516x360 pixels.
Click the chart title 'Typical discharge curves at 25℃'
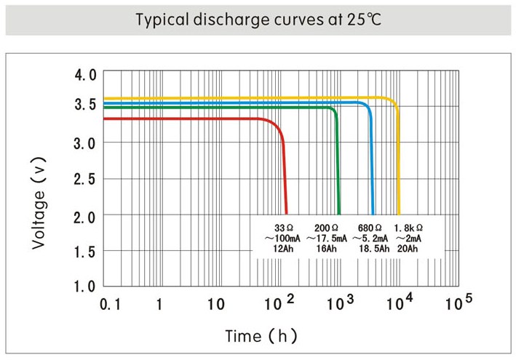258,19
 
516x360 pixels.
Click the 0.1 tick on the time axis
110,305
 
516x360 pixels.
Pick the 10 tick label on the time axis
215,305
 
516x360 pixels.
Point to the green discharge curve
218,108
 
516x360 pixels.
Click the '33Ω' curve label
282,227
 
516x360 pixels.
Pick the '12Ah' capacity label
282,249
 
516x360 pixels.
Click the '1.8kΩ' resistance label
409,227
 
